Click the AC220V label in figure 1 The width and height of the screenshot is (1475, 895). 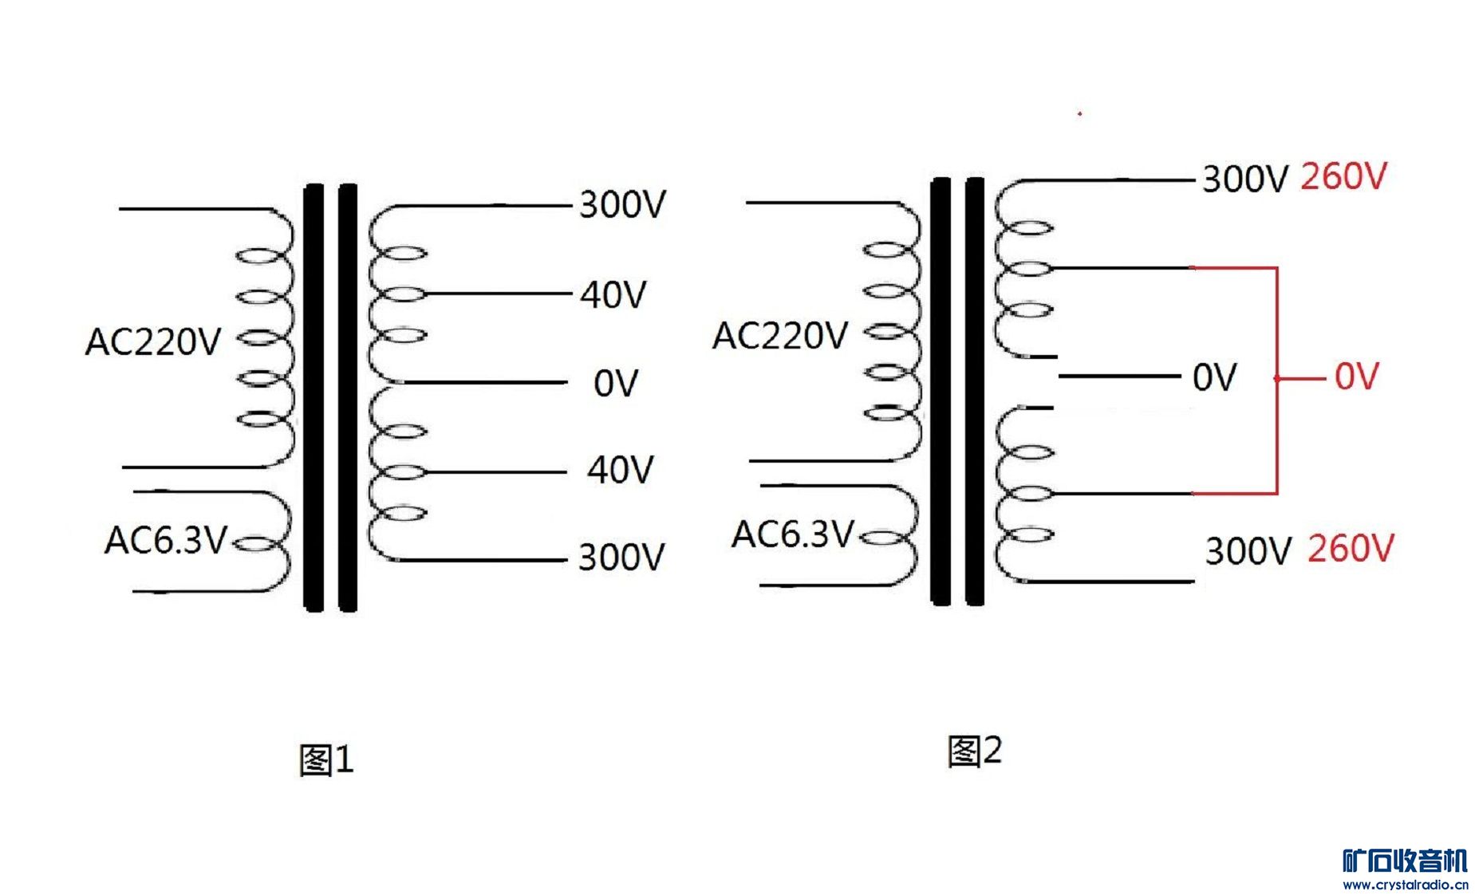click(x=152, y=342)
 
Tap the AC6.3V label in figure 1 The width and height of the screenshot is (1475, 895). click(x=166, y=540)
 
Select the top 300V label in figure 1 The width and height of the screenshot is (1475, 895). click(x=621, y=205)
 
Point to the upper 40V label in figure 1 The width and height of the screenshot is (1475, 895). click(x=613, y=295)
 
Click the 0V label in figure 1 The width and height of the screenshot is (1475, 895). click(x=615, y=384)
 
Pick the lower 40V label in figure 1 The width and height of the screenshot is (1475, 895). click(x=620, y=470)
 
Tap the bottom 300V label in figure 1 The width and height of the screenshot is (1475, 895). click(x=621, y=557)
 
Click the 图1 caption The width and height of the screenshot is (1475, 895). click(x=325, y=759)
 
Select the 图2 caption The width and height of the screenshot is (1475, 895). click(x=974, y=751)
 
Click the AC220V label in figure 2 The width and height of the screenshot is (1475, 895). click(x=779, y=336)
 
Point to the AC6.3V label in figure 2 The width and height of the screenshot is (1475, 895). click(x=793, y=534)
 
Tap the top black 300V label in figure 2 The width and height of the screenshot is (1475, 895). click(x=1244, y=179)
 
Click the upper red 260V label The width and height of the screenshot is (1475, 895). click(x=1344, y=176)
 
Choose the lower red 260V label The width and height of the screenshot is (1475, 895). click(x=1351, y=549)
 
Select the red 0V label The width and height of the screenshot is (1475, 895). click(x=1356, y=377)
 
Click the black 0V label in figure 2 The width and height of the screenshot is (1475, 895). click(x=1214, y=377)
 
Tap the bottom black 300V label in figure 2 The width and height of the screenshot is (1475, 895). click(x=1248, y=551)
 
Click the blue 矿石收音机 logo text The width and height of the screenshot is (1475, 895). click(x=1405, y=861)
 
